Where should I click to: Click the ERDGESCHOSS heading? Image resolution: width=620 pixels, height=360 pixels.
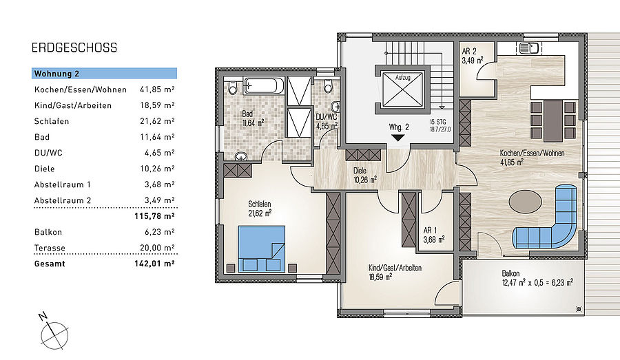tap(74, 47)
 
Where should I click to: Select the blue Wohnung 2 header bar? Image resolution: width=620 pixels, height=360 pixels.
tap(105, 74)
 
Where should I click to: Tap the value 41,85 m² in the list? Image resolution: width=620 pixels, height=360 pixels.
tap(157, 89)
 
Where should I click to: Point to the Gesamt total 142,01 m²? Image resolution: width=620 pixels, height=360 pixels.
tap(154, 264)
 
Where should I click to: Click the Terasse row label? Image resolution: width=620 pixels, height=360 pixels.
tap(50, 248)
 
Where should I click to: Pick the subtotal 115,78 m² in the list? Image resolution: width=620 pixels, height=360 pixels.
tap(154, 215)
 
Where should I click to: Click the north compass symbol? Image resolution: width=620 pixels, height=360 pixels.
tap(54, 332)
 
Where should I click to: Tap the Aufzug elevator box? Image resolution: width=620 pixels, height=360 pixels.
tap(403, 89)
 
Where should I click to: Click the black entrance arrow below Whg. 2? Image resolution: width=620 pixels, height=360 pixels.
tap(397, 138)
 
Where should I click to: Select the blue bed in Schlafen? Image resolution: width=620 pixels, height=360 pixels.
tap(261, 248)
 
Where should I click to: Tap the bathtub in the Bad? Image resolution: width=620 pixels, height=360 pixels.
tap(264, 85)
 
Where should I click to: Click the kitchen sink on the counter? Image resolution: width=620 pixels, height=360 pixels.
tap(529, 48)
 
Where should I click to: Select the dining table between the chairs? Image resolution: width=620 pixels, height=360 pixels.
tap(552, 120)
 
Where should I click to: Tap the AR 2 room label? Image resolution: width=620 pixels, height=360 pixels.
tap(473, 56)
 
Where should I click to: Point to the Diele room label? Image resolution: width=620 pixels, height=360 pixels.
tap(364, 175)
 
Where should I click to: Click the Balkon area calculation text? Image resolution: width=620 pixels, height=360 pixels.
tap(537, 282)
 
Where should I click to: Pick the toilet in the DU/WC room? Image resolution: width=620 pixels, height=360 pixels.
tap(328, 86)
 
